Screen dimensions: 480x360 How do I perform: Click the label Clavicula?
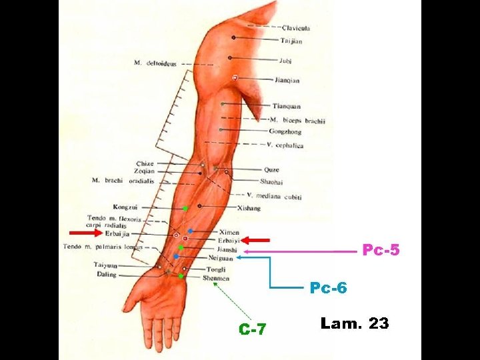296,28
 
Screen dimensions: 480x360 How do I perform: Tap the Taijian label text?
291,41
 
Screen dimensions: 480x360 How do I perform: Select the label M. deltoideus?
155,63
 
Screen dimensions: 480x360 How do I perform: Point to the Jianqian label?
287,81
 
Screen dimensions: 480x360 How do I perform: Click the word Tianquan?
286,106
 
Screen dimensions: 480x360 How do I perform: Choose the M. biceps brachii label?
297,121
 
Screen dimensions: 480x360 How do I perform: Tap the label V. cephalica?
285,145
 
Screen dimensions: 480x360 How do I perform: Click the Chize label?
145,163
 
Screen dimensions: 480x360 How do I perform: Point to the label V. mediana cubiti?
274,197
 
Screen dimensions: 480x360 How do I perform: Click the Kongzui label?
125,208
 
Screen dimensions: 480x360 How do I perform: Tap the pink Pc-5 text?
381,251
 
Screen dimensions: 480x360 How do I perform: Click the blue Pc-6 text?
328,288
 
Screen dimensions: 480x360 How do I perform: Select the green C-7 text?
253,329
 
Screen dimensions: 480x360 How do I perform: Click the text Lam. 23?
354,324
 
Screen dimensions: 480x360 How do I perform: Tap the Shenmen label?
217,279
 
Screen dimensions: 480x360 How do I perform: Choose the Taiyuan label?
105,265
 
